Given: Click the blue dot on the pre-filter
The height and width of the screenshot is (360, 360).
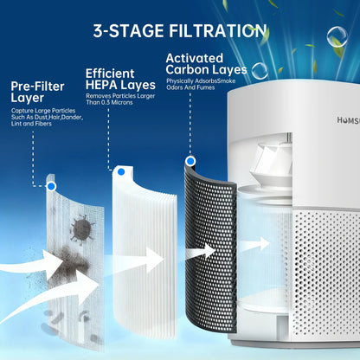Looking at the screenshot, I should click(x=53, y=186).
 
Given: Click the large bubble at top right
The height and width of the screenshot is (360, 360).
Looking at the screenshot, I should click(x=335, y=37).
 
